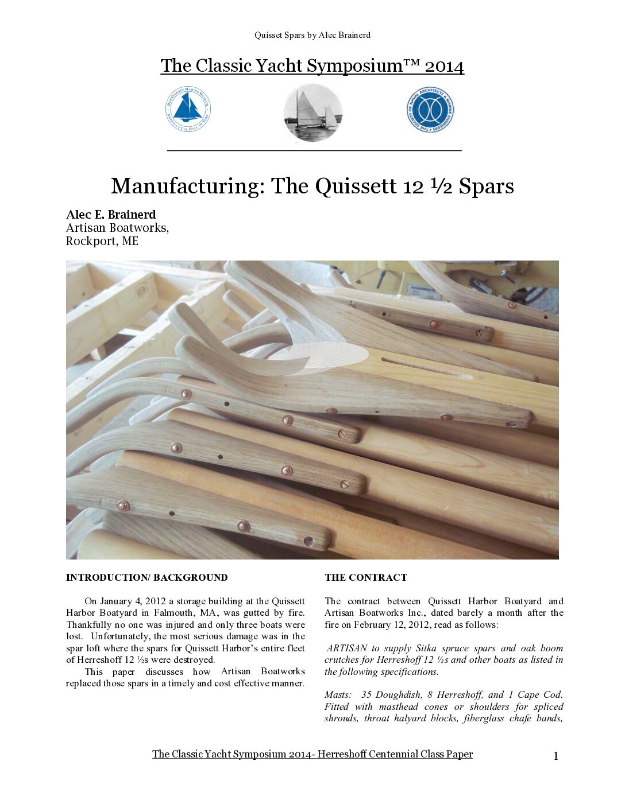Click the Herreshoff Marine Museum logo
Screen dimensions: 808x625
[x=188, y=109]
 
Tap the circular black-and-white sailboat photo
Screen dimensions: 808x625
[x=313, y=113]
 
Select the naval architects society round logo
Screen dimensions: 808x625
[x=430, y=110]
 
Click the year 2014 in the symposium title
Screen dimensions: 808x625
[x=444, y=66]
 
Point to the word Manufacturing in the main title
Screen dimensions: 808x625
[x=186, y=187]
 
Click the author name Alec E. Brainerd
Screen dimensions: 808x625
[x=111, y=215]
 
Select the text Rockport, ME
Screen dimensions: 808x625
[x=102, y=241]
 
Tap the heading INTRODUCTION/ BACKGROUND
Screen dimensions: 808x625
[x=146, y=577]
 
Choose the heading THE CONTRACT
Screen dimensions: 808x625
[x=365, y=577]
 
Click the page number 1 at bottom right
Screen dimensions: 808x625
[x=555, y=756]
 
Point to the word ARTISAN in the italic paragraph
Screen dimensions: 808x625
[x=346, y=648]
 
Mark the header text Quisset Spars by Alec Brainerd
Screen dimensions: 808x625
[x=312, y=35]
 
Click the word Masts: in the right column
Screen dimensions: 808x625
[x=338, y=695]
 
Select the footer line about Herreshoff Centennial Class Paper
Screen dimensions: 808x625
[x=312, y=754]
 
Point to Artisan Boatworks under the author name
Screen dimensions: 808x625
[x=117, y=228]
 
